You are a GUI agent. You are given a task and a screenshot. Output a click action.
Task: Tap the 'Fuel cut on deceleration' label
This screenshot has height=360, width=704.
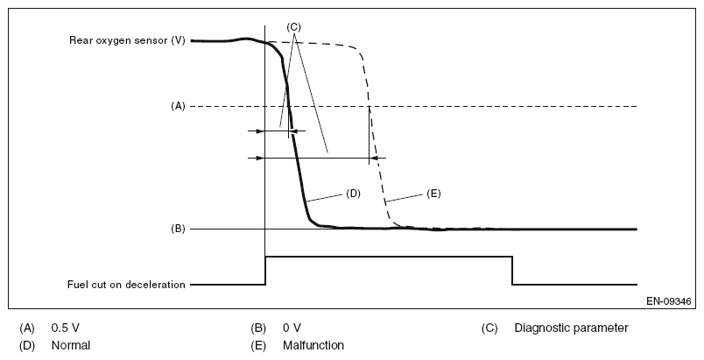click(x=127, y=285)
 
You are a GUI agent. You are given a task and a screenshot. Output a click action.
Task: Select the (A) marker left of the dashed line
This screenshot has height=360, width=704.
click(x=178, y=106)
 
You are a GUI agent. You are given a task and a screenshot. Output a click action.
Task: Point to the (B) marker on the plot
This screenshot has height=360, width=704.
click(x=178, y=229)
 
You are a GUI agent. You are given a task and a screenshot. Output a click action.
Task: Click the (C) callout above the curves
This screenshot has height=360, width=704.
click(x=294, y=27)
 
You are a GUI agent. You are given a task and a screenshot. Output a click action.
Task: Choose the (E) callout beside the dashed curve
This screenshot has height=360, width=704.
click(x=433, y=194)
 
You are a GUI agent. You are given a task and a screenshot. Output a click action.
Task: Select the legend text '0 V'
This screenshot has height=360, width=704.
click(x=292, y=328)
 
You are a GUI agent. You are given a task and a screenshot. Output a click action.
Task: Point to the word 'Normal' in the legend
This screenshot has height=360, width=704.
click(x=71, y=345)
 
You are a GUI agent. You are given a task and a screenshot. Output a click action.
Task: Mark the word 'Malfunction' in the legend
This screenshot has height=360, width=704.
click(x=313, y=345)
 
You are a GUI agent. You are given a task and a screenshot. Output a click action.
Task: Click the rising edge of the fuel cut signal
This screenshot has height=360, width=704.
click(x=265, y=271)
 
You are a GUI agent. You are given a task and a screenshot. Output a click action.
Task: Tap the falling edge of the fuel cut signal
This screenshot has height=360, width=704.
click(x=512, y=271)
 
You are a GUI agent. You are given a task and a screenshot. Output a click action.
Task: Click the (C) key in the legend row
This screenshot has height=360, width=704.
click(x=489, y=328)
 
